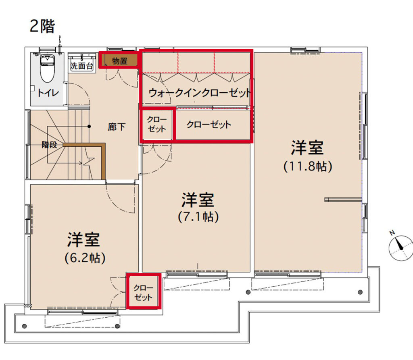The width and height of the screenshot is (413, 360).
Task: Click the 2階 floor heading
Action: pyautogui.click(x=42, y=26)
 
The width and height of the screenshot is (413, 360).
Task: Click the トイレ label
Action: pyautogui.click(x=48, y=93)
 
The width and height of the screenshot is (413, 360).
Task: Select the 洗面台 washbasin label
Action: pyautogui.click(x=81, y=66)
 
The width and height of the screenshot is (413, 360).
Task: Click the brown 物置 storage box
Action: pyautogui.click(x=119, y=60)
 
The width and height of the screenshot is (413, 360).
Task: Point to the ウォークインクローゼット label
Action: pyautogui.click(x=199, y=93)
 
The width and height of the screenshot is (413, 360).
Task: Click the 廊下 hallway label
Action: pyautogui.click(x=117, y=127)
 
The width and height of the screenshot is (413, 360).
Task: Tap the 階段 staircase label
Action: pyautogui.click(x=49, y=145)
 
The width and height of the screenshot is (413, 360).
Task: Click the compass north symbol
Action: pyautogui.click(x=401, y=248)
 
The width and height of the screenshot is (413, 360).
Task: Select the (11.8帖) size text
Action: pyautogui.click(x=308, y=166)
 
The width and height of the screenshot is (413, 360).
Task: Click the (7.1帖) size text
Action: pyautogui.click(x=198, y=217)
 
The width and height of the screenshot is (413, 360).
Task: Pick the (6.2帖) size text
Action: pyautogui.click(x=85, y=258)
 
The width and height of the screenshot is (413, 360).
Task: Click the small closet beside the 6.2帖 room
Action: pyautogui.click(x=144, y=291)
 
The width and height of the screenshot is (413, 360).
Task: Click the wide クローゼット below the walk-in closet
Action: pyautogui.click(x=213, y=125)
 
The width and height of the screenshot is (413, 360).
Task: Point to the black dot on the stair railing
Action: pyautogui.click(x=89, y=127)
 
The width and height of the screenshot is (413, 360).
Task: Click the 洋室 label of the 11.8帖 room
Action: pyautogui.click(x=307, y=148)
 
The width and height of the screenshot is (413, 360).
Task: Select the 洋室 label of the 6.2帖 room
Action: pyautogui.click(x=83, y=240)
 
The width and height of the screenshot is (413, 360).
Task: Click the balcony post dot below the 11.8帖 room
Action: pyautogui.click(x=360, y=292)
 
